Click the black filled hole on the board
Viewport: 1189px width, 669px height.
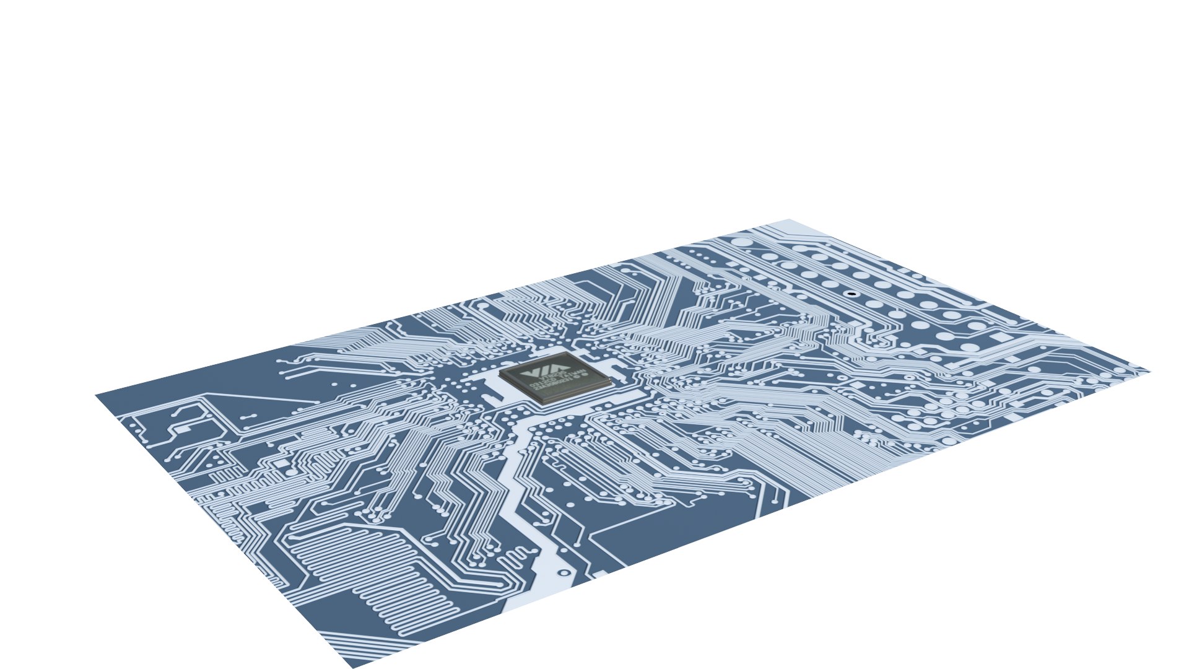pyautogui.click(x=851, y=294)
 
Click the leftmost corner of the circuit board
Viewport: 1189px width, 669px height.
pyautogui.click(x=97, y=395)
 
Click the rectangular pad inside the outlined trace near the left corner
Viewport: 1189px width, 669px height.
pyautogui.click(x=183, y=427)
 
